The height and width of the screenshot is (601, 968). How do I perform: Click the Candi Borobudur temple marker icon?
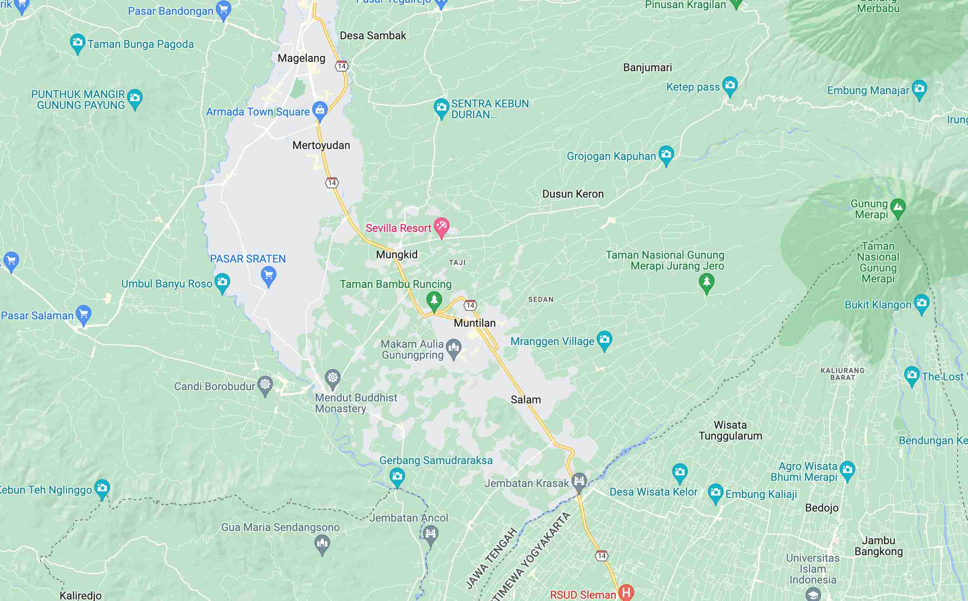(x=265, y=385)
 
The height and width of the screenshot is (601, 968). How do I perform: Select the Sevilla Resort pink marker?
(x=441, y=226)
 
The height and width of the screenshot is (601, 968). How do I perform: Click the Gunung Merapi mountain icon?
(x=898, y=207)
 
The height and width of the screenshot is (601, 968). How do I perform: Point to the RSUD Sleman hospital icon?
(x=626, y=593)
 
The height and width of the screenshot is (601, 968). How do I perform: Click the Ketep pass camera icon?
(x=730, y=85)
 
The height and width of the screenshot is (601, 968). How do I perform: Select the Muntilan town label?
(x=474, y=323)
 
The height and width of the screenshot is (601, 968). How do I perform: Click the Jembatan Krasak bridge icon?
(x=579, y=481)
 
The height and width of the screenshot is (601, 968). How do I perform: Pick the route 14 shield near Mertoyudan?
(x=332, y=183)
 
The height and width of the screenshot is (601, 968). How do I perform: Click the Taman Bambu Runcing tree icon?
(x=434, y=300)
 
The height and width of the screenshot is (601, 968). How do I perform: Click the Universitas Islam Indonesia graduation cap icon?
(x=812, y=594)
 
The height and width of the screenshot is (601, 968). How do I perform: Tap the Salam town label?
(x=526, y=400)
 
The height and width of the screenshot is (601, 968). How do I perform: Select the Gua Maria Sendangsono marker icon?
(x=322, y=543)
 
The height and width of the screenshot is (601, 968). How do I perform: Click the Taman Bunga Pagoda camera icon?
(x=77, y=42)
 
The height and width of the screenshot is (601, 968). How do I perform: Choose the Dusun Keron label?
(x=573, y=194)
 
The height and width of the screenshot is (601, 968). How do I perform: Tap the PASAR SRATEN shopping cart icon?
(x=269, y=275)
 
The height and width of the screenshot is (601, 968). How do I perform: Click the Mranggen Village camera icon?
(x=604, y=340)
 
